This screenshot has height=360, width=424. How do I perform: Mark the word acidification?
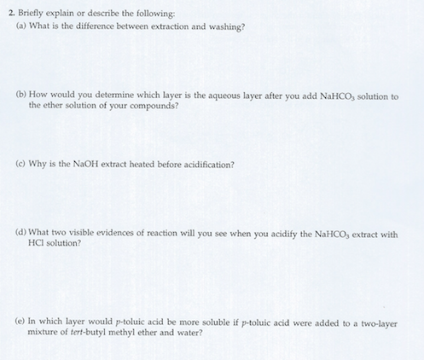pyautogui.click(x=207, y=165)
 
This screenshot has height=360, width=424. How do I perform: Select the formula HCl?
pyautogui.click(x=38, y=244)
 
